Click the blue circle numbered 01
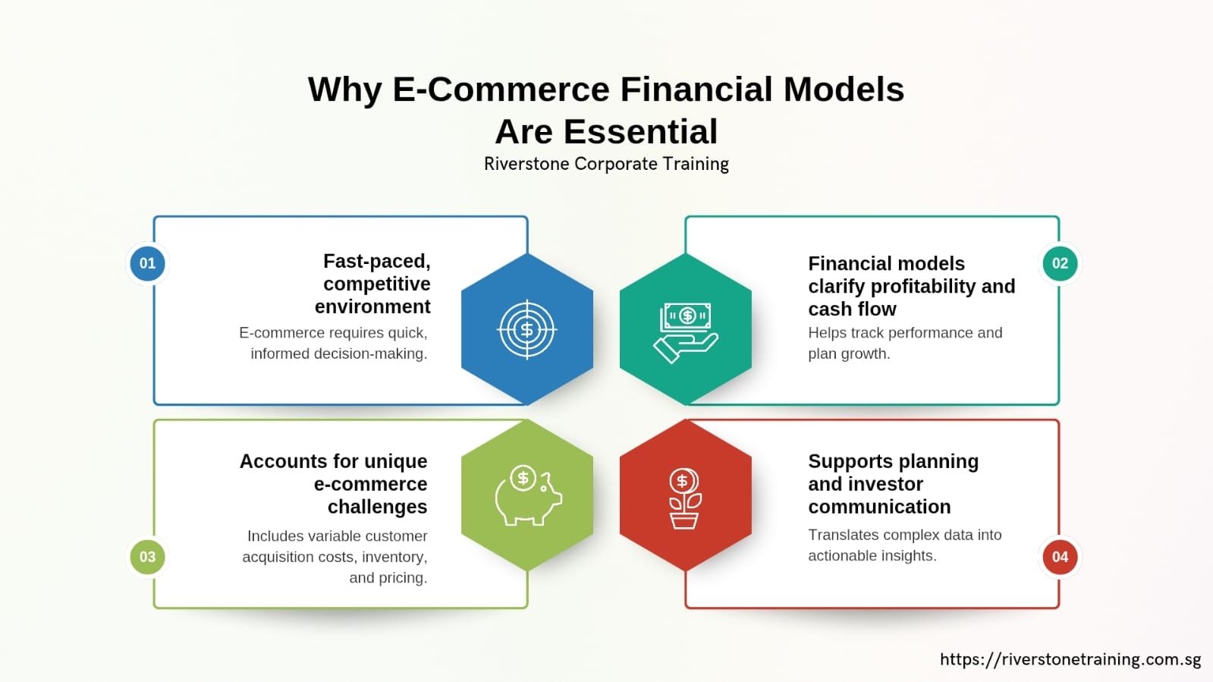coord(147,263)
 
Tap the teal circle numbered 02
coord(1060,263)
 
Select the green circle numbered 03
coord(147,557)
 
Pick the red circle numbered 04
coord(1060,557)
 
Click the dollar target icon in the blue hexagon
coord(527,329)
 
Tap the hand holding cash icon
coord(686,332)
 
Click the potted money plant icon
coord(685,498)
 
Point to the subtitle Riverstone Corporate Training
coord(606,164)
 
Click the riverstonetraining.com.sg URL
coord(1070,659)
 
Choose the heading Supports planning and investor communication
coord(892,484)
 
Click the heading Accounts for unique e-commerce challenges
coord(334,484)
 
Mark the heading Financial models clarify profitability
coord(910,286)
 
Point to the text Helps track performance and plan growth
coord(904,343)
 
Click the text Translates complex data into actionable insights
coord(904,545)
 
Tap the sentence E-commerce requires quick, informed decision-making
coord(334,343)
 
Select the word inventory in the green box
coord(394,557)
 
